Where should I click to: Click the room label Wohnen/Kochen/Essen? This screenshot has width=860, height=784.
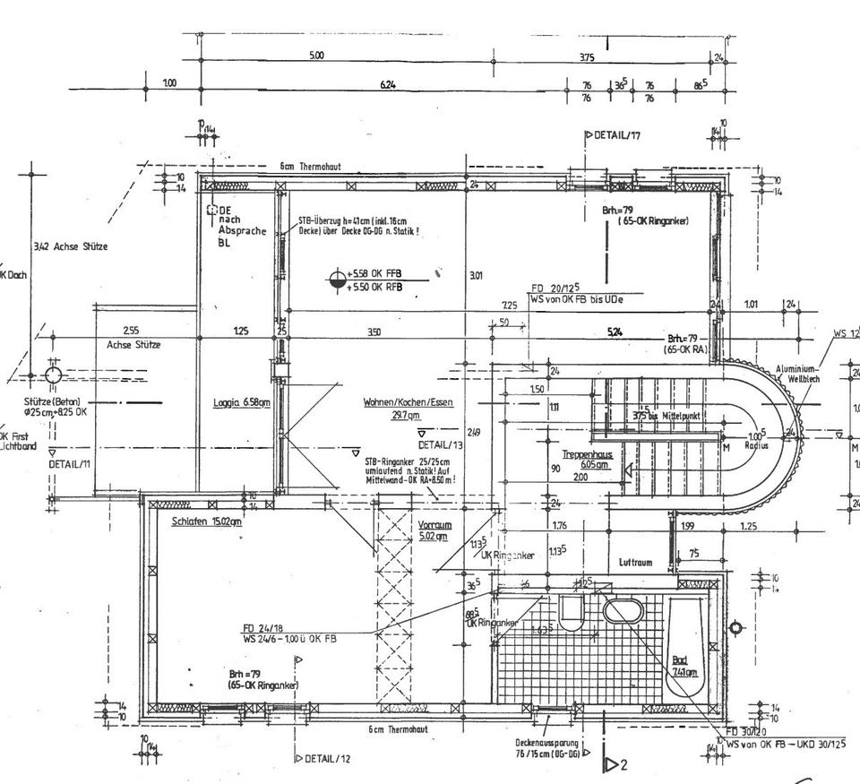[x=408, y=402]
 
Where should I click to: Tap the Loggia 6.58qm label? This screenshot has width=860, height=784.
[x=241, y=402]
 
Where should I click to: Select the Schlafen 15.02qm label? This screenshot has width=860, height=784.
[x=207, y=521]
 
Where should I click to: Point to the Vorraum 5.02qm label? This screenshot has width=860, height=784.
[x=434, y=530]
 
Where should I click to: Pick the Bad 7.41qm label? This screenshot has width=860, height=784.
[x=684, y=665]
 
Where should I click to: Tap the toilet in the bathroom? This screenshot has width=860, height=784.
[x=571, y=613]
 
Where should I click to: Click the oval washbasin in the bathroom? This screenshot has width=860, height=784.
[x=623, y=612]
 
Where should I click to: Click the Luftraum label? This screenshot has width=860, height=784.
[x=635, y=563]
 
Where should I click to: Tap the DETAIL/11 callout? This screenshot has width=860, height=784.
[x=69, y=464]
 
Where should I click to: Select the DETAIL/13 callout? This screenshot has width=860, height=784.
[x=440, y=444]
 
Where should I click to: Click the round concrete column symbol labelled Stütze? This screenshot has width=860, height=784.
[x=53, y=374]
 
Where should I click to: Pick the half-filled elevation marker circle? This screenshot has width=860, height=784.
[x=337, y=280]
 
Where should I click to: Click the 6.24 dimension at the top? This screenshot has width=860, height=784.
[x=388, y=84]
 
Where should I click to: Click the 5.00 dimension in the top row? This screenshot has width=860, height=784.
[x=316, y=56]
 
